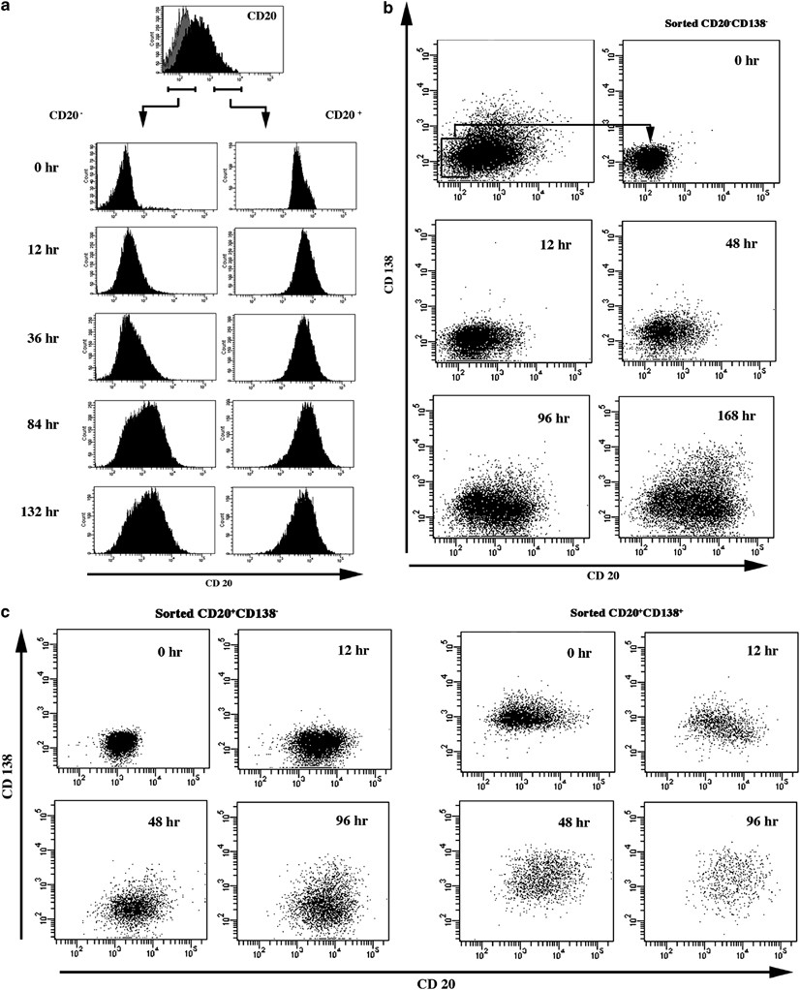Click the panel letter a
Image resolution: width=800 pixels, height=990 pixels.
click(8, 8)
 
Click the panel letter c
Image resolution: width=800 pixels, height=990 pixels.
click(7, 613)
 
